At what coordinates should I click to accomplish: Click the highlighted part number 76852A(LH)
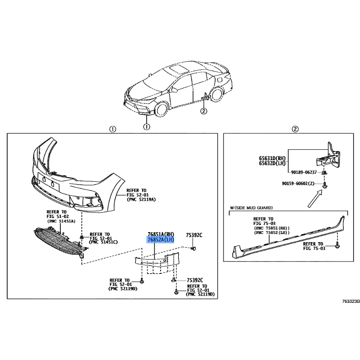click(x=161, y=240)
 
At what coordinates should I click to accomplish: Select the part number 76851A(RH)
click(x=161, y=234)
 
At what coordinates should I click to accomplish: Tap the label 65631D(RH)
click(x=272, y=158)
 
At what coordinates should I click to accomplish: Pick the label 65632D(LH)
click(x=272, y=163)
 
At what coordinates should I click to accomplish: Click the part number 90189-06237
click(x=304, y=172)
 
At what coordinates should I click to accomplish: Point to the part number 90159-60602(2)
click(x=298, y=184)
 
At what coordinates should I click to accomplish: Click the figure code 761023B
click(x=351, y=301)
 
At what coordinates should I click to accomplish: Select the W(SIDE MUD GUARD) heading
click(x=252, y=208)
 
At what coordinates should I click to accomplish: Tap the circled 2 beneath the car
click(x=204, y=111)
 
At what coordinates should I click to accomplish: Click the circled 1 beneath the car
click(x=147, y=126)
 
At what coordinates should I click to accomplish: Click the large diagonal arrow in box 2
click(x=315, y=199)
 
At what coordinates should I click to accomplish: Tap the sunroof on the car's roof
click(x=179, y=69)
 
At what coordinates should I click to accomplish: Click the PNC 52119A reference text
click(x=141, y=199)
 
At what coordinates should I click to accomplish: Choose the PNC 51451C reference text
click(x=103, y=242)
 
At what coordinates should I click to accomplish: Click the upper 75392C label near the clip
click(x=194, y=235)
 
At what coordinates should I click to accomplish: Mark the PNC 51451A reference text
click(x=61, y=221)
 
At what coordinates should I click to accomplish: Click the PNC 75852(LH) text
click(x=272, y=233)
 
